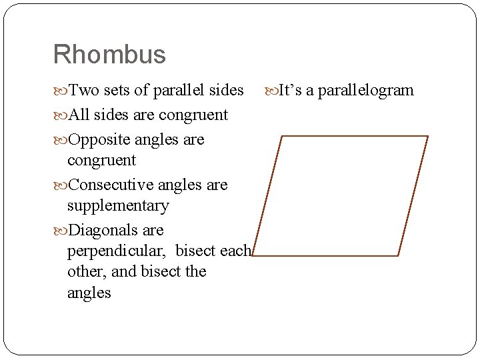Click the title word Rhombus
(x=109, y=55)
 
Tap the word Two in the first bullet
(x=82, y=90)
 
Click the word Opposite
(x=99, y=140)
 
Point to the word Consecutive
(x=110, y=185)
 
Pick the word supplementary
(x=118, y=206)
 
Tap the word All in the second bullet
(x=79, y=115)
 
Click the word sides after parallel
(x=226, y=90)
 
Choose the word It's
(x=290, y=90)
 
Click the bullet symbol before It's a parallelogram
(x=271, y=91)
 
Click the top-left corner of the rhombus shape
(x=283, y=136)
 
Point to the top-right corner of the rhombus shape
(x=427, y=136)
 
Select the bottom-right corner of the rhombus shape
(x=398, y=255)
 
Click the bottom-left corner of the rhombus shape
(x=254, y=255)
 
